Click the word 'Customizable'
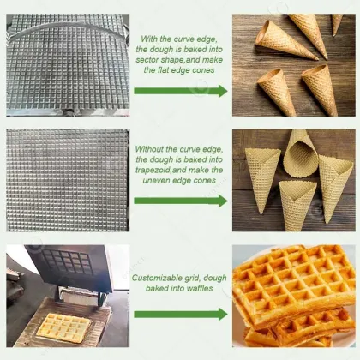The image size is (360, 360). [x=158, y=279]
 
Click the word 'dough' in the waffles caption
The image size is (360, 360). [x=218, y=279]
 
